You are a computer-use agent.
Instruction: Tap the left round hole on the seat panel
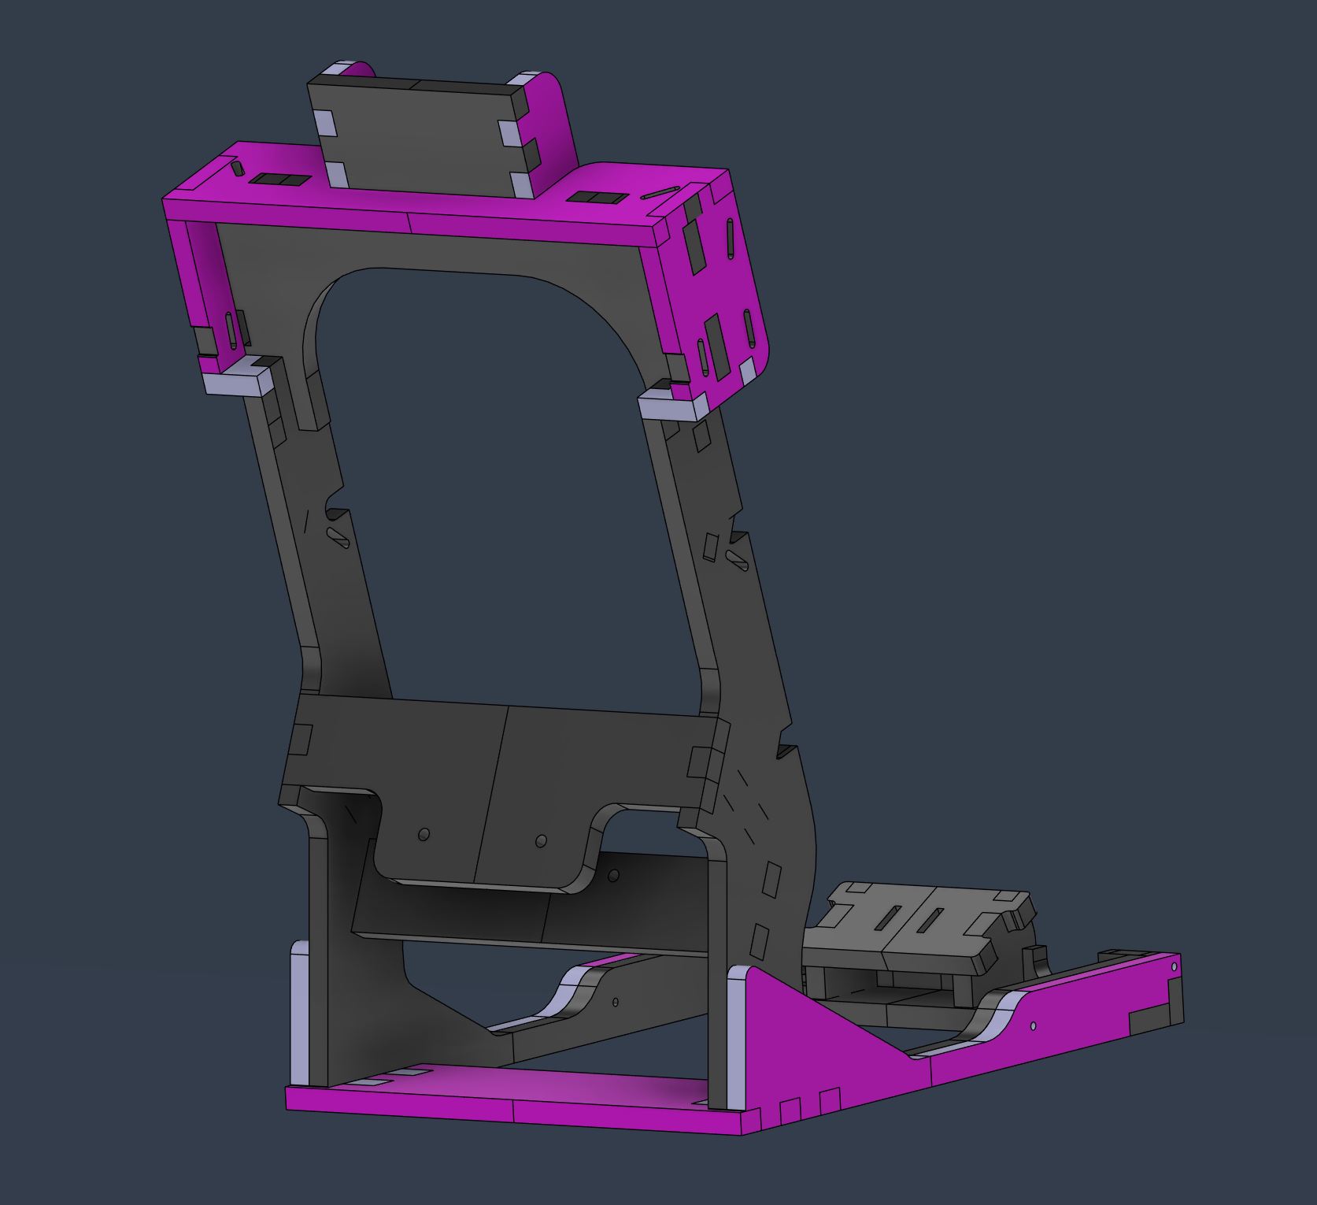(424, 833)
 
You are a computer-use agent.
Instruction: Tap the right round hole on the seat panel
(540, 841)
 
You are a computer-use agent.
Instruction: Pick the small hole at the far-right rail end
(1175, 966)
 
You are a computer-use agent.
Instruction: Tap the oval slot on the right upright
(738, 560)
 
